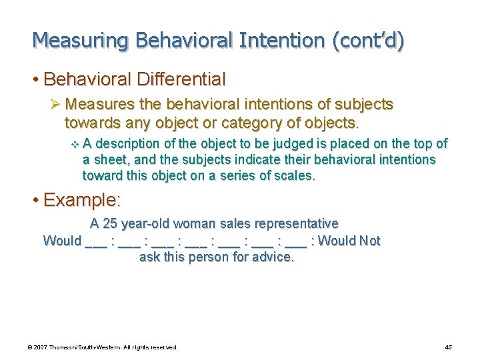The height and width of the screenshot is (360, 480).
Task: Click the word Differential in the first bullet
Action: tap(181, 79)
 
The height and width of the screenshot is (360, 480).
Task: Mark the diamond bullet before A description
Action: tap(74, 144)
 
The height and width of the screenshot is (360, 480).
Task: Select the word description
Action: tap(129, 143)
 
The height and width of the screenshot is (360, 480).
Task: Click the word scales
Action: tap(293, 176)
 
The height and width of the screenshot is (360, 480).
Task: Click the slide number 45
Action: tap(448, 347)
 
